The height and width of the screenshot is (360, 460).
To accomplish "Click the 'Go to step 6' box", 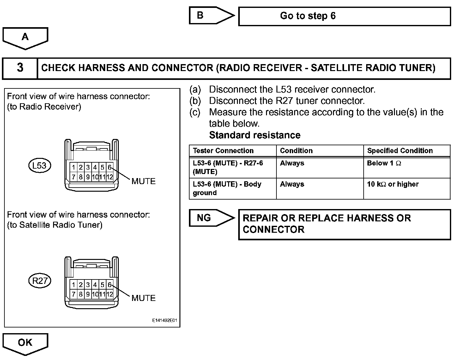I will pyautogui.click(x=344, y=16).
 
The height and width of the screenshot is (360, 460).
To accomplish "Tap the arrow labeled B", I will pyautogui.click(x=210, y=15).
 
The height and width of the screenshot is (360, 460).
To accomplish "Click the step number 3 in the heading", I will pyautogui.click(x=20, y=68).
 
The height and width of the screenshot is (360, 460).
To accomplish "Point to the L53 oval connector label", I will pyautogui.click(x=39, y=165).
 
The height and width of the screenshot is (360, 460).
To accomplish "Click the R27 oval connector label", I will pyautogui.click(x=40, y=281).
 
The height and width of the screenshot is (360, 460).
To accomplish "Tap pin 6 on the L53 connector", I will pyautogui.click(x=110, y=167).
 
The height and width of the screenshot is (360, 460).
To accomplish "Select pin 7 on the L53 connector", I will pyautogui.click(x=74, y=177).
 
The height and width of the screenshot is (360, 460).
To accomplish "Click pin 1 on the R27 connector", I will pyautogui.click(x=74, y=285).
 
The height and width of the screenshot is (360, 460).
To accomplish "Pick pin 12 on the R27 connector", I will pyautogui.click(x=110, y=294).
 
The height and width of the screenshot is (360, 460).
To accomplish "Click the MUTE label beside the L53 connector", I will pyautogui.click(x=143, y=181).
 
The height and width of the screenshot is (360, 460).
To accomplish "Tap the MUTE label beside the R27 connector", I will pyautogui.click(x=143, y=298).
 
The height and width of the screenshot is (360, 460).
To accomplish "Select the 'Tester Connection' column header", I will pyautogui.click(x=223, y=151).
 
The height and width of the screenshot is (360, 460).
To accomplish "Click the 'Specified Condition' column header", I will pyautogui.click(x=400, y=151).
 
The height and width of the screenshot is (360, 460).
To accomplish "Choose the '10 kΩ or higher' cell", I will pyautogui.click(x=393, y=184).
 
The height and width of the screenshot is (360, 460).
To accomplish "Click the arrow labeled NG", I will pyautogui.click(x=210, y=218).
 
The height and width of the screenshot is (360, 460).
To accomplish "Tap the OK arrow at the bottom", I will pyautogui.click(x=25, y=343).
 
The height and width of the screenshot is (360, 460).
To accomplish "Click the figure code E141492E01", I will pyautogui.click(x=165, y=321).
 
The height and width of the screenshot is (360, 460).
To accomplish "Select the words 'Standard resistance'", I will pyautogui.click(x=255, y=135).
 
